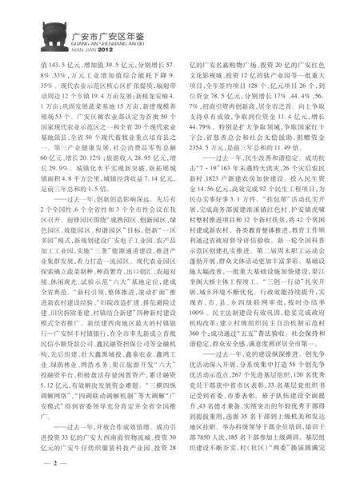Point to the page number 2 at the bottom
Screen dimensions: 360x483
click(x=31, y=461)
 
